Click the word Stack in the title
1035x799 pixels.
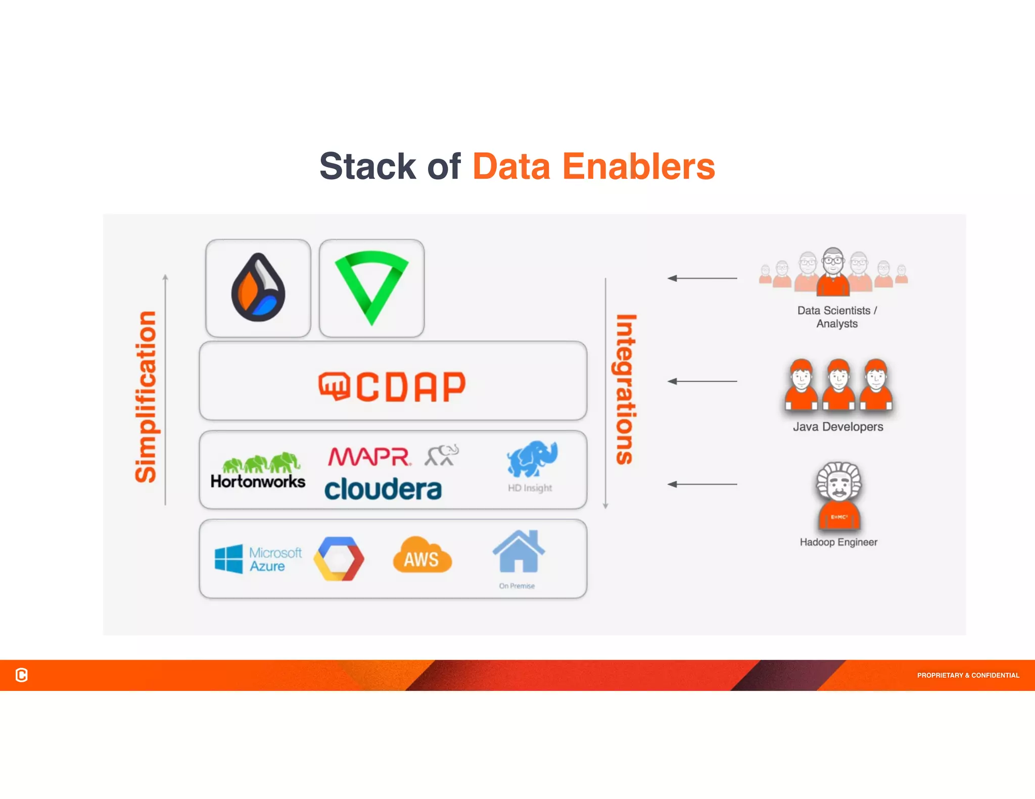(367, 167)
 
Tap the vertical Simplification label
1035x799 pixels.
(146, 396)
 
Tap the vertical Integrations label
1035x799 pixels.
(626, 389)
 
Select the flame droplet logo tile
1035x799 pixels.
(258, 288)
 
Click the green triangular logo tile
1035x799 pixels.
(371, 288)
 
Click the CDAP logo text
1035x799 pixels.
(392, 387)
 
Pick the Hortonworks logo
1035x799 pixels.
(258, 471)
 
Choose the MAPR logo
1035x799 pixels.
(369, 457)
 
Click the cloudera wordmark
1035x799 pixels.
(383, 489)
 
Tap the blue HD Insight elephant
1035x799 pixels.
(532, 459)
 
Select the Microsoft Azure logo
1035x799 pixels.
(258, 559)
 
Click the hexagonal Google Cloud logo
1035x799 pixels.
(339, 559)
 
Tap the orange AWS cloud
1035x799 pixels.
(422, 556)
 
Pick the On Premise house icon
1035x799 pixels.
(519, 552)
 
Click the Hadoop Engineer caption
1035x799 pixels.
(838, 542)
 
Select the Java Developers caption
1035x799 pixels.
(838, 427)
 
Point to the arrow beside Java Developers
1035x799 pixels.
(702, 381)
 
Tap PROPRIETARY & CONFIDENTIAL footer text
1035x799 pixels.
(968, 675)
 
